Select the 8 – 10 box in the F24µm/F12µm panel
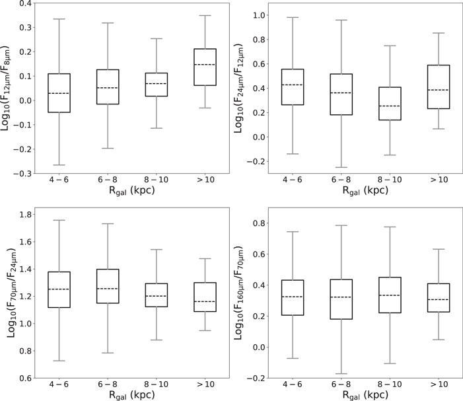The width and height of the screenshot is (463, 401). (390, 103)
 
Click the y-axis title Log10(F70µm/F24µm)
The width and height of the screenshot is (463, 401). (11, 293)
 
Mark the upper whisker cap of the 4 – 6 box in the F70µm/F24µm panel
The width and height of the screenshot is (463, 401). (59, 220)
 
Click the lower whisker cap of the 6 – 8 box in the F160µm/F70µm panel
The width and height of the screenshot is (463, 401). (341, 373)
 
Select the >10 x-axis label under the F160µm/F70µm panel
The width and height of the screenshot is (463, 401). (439, 384)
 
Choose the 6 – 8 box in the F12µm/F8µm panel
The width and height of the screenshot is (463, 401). (108, 87)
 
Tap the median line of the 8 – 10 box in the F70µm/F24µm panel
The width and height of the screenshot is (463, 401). (156, 296)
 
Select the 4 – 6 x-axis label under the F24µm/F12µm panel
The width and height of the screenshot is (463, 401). (293, 180)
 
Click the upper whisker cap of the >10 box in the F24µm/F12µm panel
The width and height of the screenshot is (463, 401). (439, 33)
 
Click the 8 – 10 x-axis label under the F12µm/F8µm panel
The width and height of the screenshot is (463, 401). (156, 180)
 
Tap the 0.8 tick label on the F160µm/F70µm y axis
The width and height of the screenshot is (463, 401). (259, 223)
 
